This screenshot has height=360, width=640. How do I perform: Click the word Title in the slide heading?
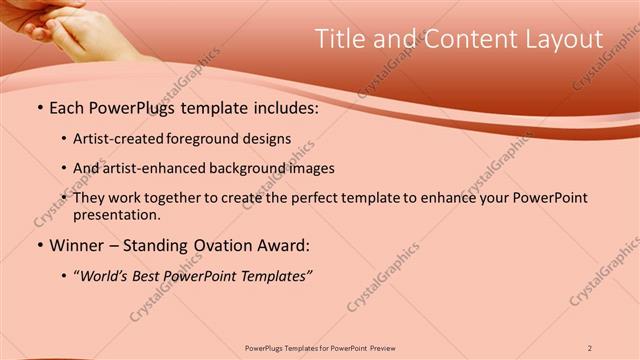pyautogui.click(x=340, y=39)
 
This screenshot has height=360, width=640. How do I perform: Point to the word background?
pyautogui.click(x=246, y=169)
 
